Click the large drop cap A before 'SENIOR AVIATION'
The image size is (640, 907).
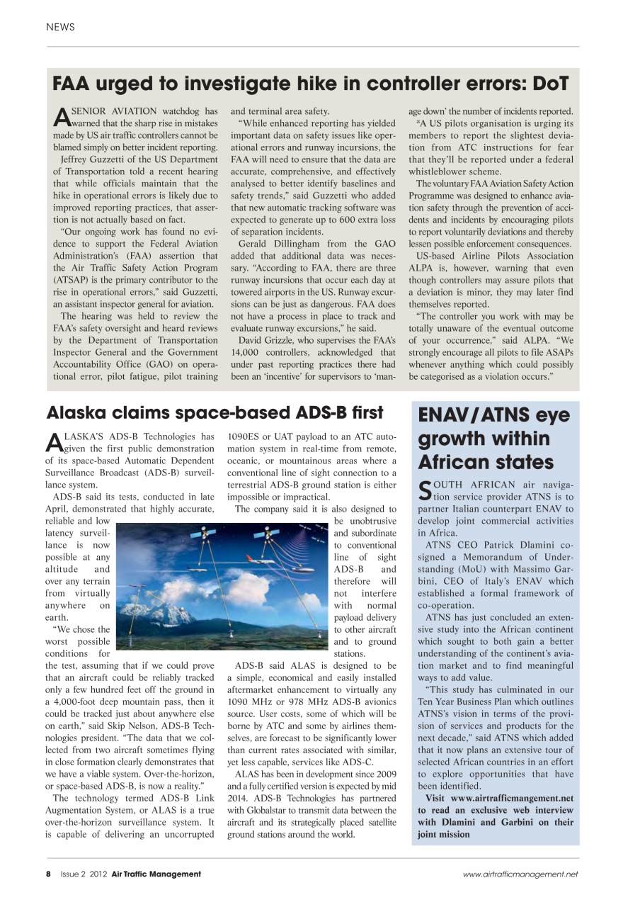tap(61, 116)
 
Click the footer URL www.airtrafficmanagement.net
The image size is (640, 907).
tap(521, 874)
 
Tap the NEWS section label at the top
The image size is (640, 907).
tap(60, 27)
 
